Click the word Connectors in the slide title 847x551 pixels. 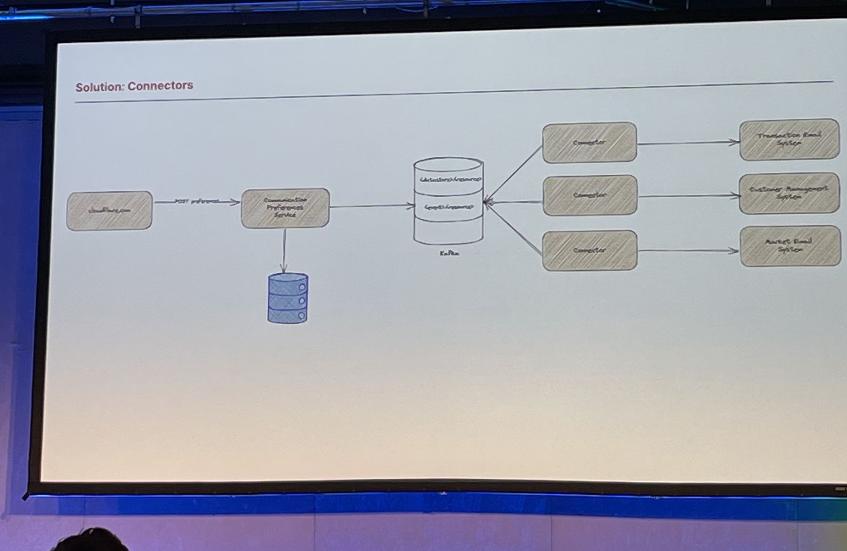pyautogui.click(x=160, y=86)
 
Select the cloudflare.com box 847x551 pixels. pyautogui.click(x=109, y=210)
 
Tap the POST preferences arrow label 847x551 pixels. pyautogui.click(x=197, y=201)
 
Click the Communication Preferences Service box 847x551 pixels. pyautogui.click(x=285, y=208)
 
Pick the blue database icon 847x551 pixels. pyautogui.click(x=288, y=298)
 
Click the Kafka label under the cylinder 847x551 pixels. pyautogui.click(x=449, y=253)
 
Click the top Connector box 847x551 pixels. pyautogui.click(x=589, y=143)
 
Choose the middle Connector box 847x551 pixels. pyautogui.click(x=590, y=195)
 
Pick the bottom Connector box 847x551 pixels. pyautogui.click(x=590, y=250)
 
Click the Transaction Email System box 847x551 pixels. pyautogui.click(x=789, y=139)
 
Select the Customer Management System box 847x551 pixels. pyautogui.click(x=789, y=193)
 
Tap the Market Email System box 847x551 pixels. pyautogui.click(x=790, y=246)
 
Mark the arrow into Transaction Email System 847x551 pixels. pyautogui.click(x=687, y=143)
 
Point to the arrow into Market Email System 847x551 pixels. pyautogui.click(x=687, y=251)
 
